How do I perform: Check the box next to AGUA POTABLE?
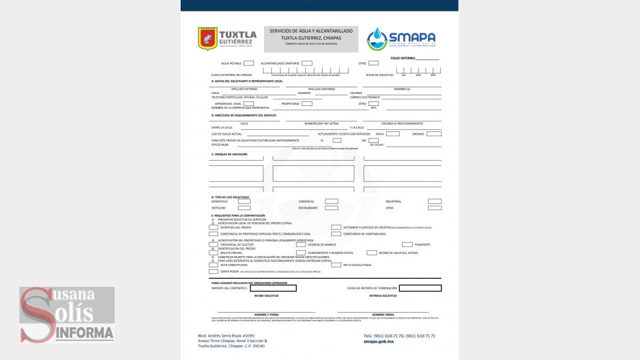pyautogui.click(x=248, y=63)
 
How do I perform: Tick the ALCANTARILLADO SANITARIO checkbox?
pyautogui.click(x=307, y=63)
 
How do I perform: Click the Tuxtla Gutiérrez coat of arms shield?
pyautogui.click(x=207, y=38)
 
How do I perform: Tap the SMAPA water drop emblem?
pyautogui.click(x=377, y=39)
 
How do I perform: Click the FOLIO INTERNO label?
pyautogui.click(x=403, y=59)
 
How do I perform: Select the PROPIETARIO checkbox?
pyautogui.click(x=307, y=103)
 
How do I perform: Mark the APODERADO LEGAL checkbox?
pyautogui.click(x=248, y=103)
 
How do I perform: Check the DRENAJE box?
pyautogui.click(x=435, y=133)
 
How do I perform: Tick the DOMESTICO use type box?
pyautogui.click(x=244, y=201)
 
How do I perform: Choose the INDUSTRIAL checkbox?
pyautogui.click(x=435, y=201)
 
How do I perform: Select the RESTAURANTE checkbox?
pyautogui.click(x=331, y=208)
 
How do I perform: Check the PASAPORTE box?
pyautogui.click(x=407, y=245)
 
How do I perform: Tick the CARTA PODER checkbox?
pyautogui.click(x=213, y=272)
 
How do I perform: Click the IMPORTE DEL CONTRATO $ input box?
pyautogui.click(x=273, y=288)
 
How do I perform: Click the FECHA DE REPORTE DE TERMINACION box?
pyautogui.click(x=420, y=288)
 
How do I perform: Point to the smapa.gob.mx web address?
pyautogui.click(x=379, y=341)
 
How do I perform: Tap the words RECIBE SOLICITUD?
pyautogui.click(x=266, y=295)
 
